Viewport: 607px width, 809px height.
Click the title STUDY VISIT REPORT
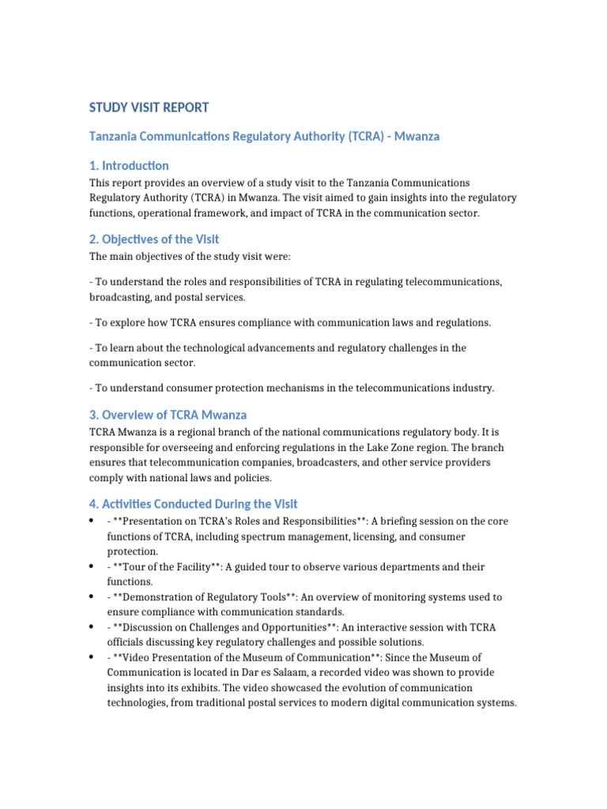pos(149,107)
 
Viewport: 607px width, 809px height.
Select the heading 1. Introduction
pos(129,166)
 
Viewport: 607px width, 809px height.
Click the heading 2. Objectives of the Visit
pos(154,239)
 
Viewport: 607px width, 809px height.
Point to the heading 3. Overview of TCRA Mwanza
pos(168,416)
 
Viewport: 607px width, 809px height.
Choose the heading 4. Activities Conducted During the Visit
pos(194,504)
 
